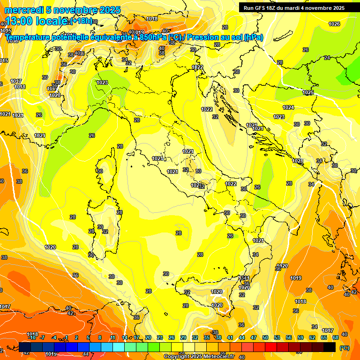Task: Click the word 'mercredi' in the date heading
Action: click(x=23, y=10)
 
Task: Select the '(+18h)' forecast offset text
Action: click(x=81, y=21)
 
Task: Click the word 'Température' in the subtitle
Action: click(x=30, y=37)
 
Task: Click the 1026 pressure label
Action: click(x=334, y=24)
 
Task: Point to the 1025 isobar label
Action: click(x=308, y=93)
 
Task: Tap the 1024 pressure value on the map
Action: click(x=289, y=107)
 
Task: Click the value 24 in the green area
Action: click(x=327, y=58)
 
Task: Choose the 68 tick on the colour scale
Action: click(x=336, y=337)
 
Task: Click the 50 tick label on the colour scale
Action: click(x=265, y=337)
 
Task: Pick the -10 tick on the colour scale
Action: click(x=32, y=337)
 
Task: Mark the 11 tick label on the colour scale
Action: click(x=113, y=337)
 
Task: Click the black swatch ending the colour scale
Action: click(x=330, y=347)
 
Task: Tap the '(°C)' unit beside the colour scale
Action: click(x=344, y=348)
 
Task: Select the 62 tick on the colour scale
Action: click(x=312, y=337)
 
